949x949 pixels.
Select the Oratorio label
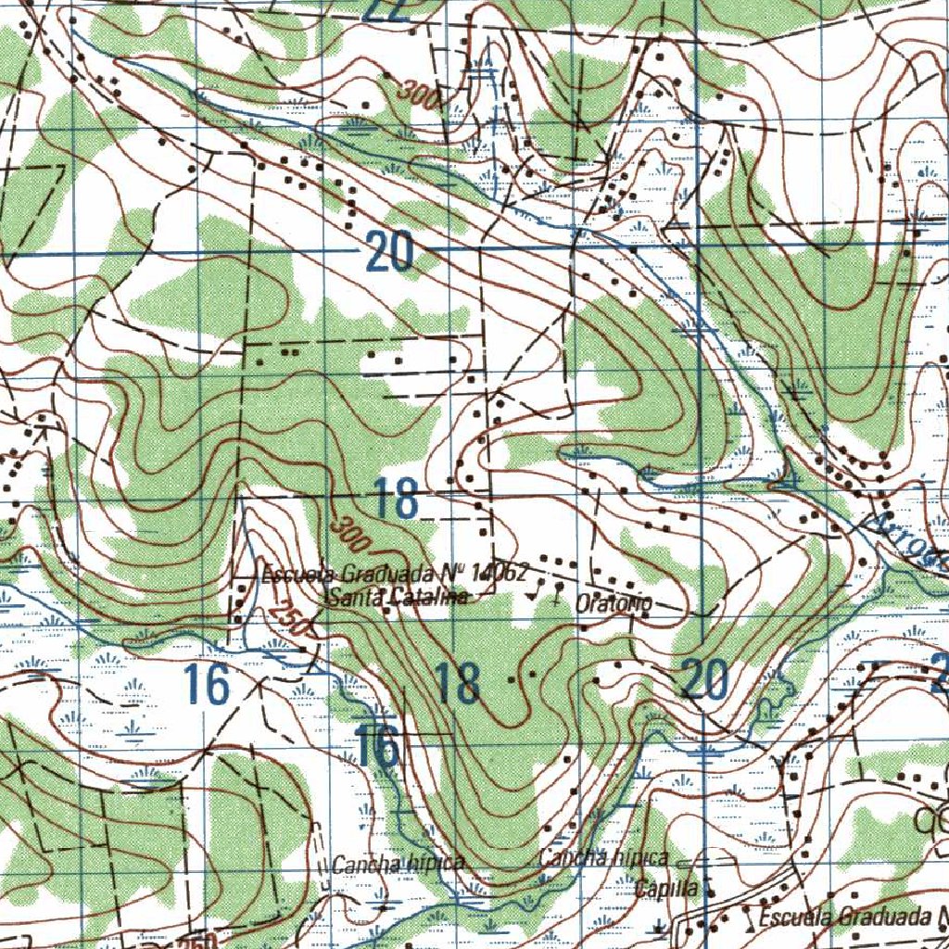coord(614,603)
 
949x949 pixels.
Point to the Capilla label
coord(666,888)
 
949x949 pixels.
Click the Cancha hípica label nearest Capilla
coord(603,858)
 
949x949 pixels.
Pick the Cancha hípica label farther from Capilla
coord(398,865)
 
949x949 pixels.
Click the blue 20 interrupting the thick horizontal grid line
coord(388,252)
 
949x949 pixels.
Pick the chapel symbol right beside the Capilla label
coord(710,888)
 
